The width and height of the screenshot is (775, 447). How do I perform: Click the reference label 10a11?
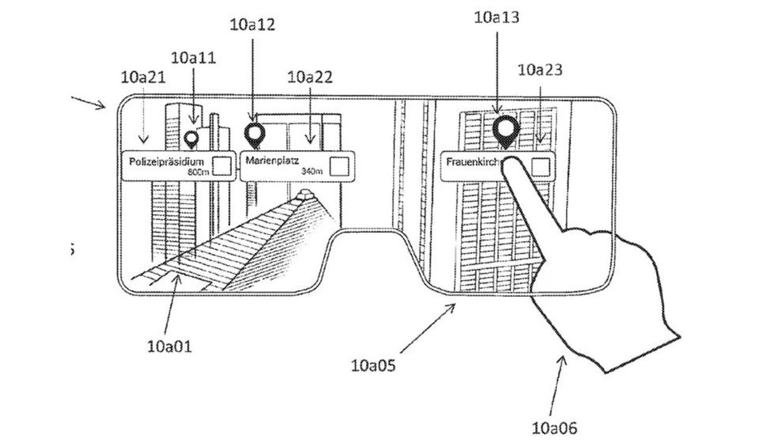coord(194,58)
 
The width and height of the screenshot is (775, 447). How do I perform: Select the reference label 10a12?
coord(252,25)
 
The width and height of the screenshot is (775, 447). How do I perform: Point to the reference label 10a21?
coord(143,77)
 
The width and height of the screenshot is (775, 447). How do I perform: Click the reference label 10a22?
coord(310,77)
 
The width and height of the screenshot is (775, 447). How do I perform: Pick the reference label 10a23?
coord(540,70)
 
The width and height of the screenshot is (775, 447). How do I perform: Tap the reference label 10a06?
coord(554,428)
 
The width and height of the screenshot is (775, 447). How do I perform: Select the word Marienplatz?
coord(268,162)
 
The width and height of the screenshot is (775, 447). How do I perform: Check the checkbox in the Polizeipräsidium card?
coord(222,165)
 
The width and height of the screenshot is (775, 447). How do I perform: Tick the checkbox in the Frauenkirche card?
coord(541,165)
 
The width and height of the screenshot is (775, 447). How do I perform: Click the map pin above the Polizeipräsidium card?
coord(192,139)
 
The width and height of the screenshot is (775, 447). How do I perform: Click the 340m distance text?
coord(311,172)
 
